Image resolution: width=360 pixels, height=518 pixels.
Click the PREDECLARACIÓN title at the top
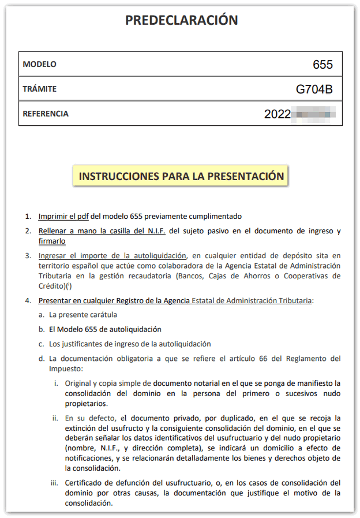point(182,20)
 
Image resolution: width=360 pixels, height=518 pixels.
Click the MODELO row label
point(39,64)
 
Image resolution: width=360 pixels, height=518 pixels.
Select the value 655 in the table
point(322,65)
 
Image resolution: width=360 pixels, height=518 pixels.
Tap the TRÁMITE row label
point(39,89)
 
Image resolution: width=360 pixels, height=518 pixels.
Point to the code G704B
point(314,90)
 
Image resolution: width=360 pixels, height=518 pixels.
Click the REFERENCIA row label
point(46,114)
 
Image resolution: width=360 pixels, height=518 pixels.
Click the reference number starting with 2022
point(298,114)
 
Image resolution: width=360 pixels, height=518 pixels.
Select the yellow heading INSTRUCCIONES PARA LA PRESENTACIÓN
point(181,176)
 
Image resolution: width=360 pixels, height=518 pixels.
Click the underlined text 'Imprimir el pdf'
point(63,217)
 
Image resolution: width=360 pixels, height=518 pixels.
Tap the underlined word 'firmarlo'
point(52,241)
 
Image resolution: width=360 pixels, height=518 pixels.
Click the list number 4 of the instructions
point(28,301)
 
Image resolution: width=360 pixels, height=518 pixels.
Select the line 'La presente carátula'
point(82,315)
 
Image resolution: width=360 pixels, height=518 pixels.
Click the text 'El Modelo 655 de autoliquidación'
point(105,330)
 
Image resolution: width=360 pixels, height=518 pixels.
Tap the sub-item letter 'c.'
point(42,344)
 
